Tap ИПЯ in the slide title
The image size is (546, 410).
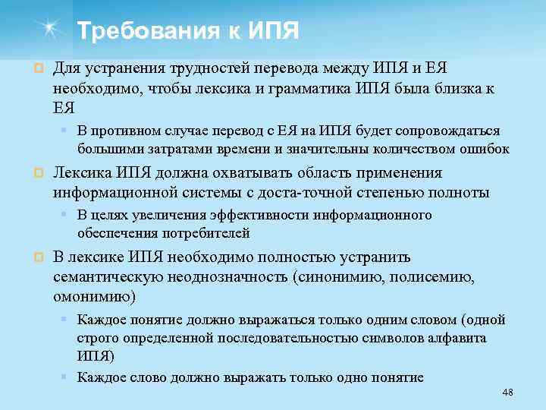(x=271, y=32)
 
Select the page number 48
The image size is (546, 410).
(x=508, y=392)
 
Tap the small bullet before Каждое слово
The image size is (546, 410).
(x=67, y=377)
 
